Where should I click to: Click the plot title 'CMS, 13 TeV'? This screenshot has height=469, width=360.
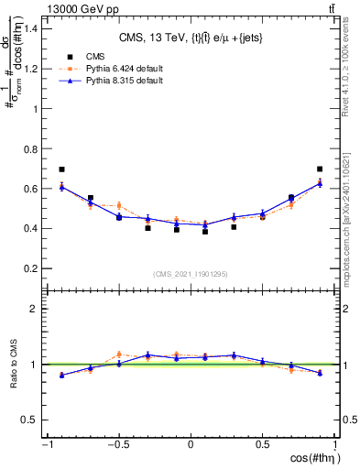(x=191, y=38)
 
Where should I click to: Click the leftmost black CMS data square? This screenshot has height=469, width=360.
(x=61, y=169)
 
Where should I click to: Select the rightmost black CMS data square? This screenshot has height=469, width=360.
(x=320, y=169)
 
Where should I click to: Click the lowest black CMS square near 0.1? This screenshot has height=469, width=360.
(x=205, y=232)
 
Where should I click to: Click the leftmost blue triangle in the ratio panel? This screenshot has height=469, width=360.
(x=61, y=375)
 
